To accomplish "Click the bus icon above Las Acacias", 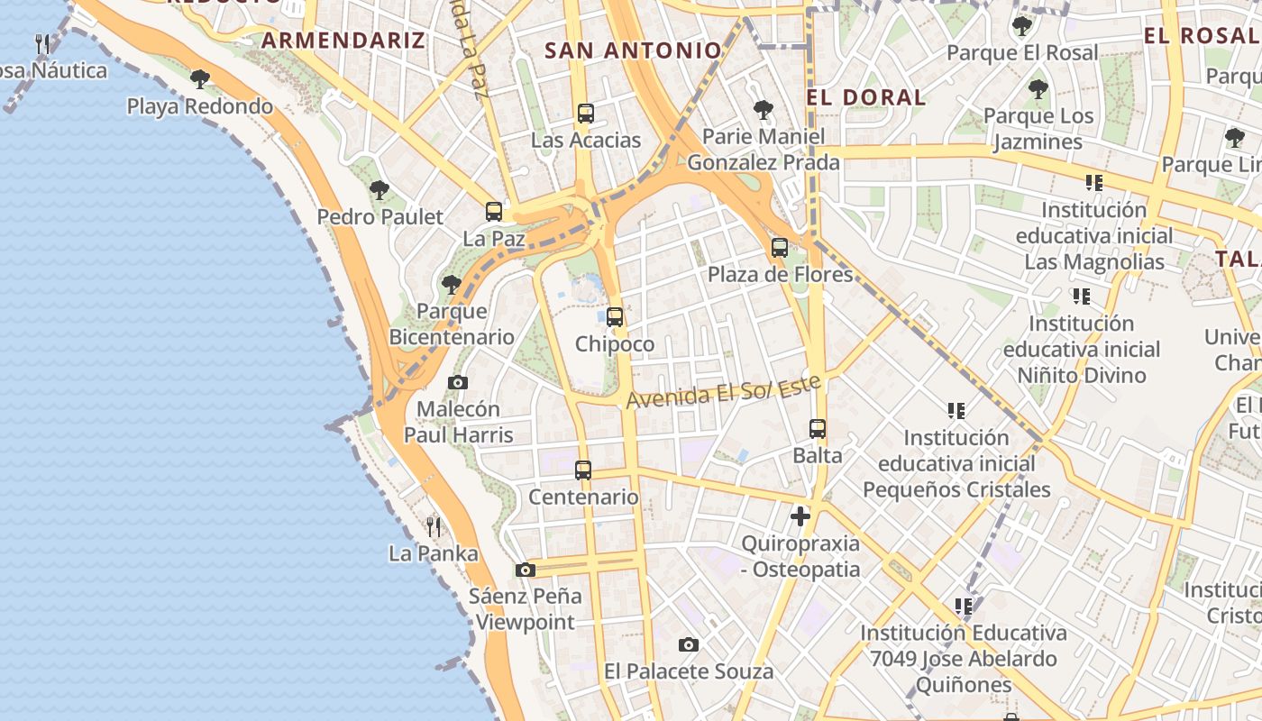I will click(586, 114).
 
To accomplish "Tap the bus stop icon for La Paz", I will click(494, 212).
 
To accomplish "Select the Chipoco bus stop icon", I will click(615, 317).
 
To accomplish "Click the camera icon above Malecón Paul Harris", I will click(458, 382).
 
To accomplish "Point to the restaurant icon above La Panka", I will click(434, 526).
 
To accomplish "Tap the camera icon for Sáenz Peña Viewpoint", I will click(526, 570).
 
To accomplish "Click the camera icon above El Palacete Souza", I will click(689, 644).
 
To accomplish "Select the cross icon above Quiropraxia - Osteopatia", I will click(800, 516).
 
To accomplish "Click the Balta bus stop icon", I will click(818, 429).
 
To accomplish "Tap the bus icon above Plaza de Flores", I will click(780, 247).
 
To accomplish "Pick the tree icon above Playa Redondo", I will click(200, 79).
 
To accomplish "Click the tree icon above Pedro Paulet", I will click(380, 190).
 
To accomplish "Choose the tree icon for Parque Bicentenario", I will click(452, 285).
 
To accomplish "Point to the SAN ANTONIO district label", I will click(633, 50).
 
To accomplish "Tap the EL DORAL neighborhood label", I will click(866, 97).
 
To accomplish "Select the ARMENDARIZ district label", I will click(343, 41).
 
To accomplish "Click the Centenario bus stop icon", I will click(583, 470).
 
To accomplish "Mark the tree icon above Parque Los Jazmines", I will click(1038, 89).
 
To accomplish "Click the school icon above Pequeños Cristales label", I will click(956, 411).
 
